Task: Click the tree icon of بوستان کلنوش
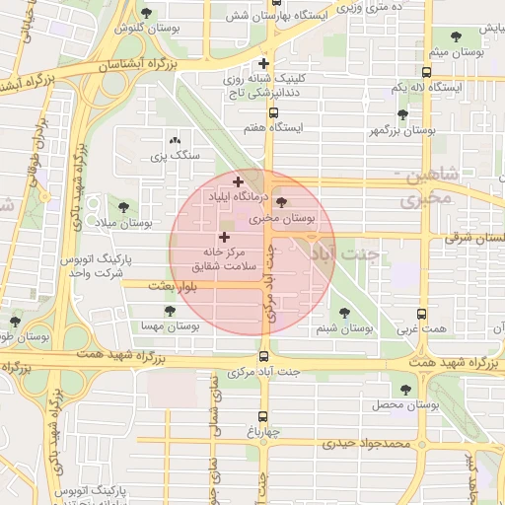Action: [147, 13]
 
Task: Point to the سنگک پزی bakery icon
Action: [176, 141]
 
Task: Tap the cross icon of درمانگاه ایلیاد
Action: [237, 181]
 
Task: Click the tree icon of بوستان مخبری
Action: [281, 202]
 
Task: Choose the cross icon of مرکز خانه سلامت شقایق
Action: [224, 237]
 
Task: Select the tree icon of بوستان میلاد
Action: [123, 208]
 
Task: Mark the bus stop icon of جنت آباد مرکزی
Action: [263, 356]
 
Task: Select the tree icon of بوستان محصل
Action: [403, 389]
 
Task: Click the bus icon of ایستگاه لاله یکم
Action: [425, 72]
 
